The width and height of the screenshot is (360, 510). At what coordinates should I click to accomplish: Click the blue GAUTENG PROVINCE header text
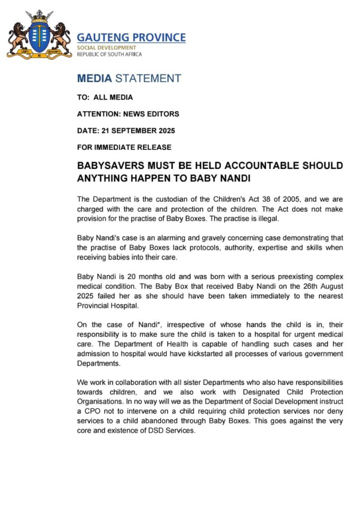[131, 37]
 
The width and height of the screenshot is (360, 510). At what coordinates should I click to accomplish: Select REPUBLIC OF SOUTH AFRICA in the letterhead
[109, 54]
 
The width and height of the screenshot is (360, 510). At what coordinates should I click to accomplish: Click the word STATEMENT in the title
[148, 78]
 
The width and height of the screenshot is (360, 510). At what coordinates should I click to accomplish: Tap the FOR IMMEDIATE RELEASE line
[124, 147]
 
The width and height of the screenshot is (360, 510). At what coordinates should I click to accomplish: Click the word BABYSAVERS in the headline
[110, 166]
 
